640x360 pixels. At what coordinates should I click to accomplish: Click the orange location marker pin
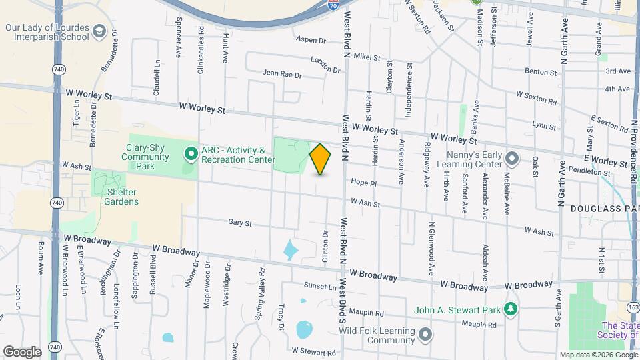click(321, 159)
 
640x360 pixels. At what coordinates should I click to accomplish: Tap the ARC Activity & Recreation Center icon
click(191, 155)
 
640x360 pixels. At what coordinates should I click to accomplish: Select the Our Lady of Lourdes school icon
click(99, 31)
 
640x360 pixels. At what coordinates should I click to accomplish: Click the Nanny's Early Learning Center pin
click(511, 159)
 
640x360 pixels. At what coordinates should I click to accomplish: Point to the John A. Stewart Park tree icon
click(511, 309)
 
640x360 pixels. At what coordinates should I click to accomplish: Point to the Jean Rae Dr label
click(282, 74)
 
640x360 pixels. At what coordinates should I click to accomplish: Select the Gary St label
click(239, 223)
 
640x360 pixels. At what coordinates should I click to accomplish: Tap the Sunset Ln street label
click(321, 286)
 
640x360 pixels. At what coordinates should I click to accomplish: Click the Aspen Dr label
click(311, 40)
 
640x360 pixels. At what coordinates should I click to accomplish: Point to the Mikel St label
click(366, 57)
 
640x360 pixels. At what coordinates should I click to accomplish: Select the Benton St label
click(541, 71)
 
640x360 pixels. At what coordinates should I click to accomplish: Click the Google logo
click(22, 352)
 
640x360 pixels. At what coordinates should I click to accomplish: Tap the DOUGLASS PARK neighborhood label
click(604, 209)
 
